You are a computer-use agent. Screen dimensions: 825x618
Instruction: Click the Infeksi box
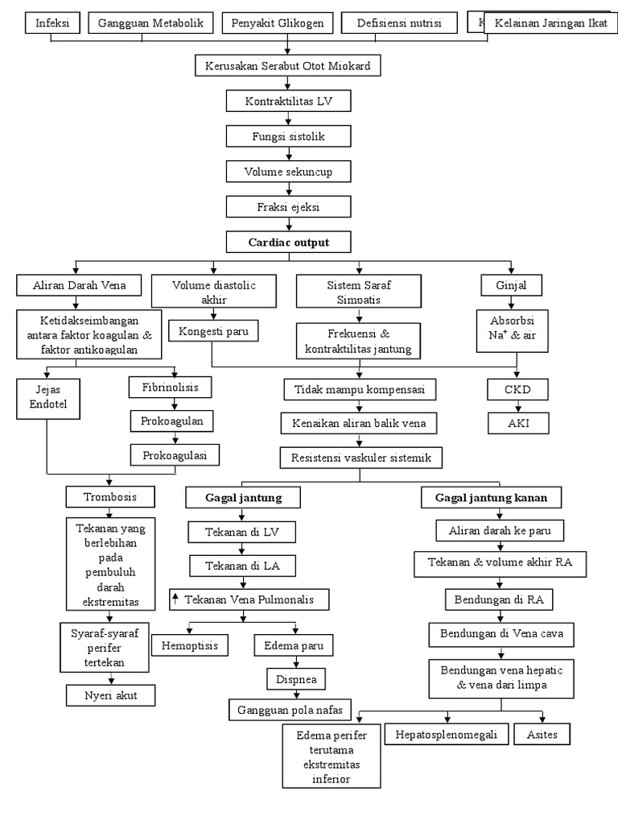point(52,23)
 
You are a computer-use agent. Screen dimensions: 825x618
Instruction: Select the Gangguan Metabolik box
point(150,23)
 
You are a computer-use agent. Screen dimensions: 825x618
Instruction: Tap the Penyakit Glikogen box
point(277,23)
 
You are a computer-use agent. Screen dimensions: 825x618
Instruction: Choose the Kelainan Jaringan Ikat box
point(550,23)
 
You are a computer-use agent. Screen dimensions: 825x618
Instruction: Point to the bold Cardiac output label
point(288,242)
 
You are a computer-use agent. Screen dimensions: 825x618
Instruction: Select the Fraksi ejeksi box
point(288,207)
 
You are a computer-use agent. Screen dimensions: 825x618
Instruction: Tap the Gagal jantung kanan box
point(491,498)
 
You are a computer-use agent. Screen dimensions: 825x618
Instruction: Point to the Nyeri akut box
point(110,694)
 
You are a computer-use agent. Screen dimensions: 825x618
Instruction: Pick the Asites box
point(542,734)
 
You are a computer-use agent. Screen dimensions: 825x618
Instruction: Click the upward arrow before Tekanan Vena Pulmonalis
point(175,599)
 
